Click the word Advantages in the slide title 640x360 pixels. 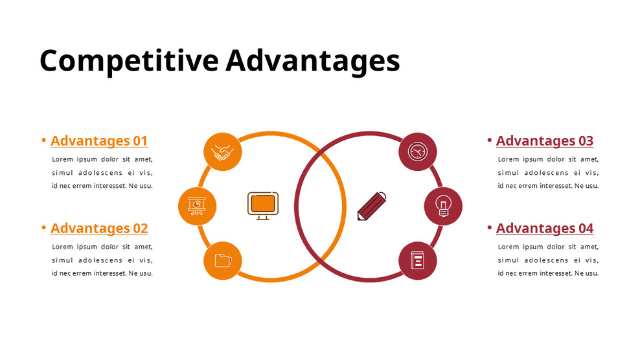click(x=312, y=61)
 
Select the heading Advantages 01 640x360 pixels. click(x=99, y=141)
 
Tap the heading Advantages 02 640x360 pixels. click(x=99, y=228)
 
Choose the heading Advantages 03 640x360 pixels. click(x=544, y=141)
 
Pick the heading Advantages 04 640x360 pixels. click(x=544, y=228)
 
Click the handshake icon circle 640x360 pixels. click(x=223, y=152)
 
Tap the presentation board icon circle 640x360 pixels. click(x=197, y=206)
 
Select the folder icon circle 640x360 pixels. click(x=223, y=261)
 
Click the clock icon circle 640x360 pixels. click(x=417, y=152)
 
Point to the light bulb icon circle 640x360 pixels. click(x=443, y=206)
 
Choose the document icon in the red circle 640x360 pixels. click(x=417, y=261)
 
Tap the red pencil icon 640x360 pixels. click(x=372, y=207)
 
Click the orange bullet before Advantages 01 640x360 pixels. click(x=43, y=140)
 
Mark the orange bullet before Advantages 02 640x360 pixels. click(x=43, y=227)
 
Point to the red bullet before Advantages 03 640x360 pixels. click(x=489, y=140)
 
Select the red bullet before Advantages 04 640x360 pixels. click(x=489, y=227)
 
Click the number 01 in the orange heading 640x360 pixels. click(x=140, y=141)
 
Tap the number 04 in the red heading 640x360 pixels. click(x=586, y=228)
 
